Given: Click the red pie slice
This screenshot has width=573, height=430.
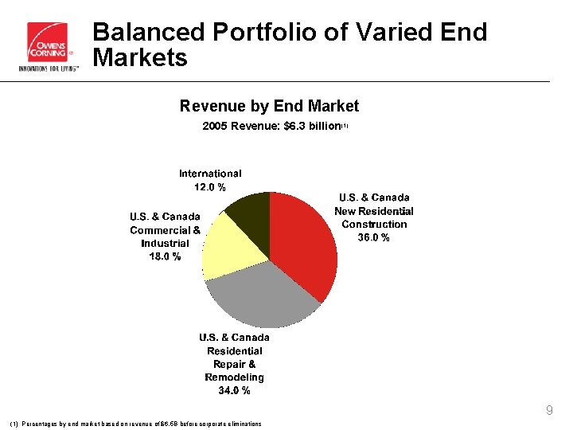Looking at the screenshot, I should [306, 243].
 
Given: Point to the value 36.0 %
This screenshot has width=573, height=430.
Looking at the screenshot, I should [374, 237].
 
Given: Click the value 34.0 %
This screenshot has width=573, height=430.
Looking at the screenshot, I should [234, 390].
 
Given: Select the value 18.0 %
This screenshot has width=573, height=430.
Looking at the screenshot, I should [165, 256].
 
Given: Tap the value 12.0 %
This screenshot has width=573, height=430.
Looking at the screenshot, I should [210, 186].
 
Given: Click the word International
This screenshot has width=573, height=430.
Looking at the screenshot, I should [210, 173].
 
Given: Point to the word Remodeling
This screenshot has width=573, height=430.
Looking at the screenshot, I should [234, 377].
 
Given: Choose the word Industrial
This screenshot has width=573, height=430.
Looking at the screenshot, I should [165, 243].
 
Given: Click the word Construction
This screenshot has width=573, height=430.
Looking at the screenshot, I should [374, 224].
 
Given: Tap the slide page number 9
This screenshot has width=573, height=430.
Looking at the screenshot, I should [549, 411].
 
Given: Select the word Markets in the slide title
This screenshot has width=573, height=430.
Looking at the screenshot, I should [140, 57].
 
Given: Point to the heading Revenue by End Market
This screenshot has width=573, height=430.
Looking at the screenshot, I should [269, 106].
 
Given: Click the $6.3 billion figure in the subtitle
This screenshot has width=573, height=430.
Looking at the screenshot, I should [306, 126].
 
